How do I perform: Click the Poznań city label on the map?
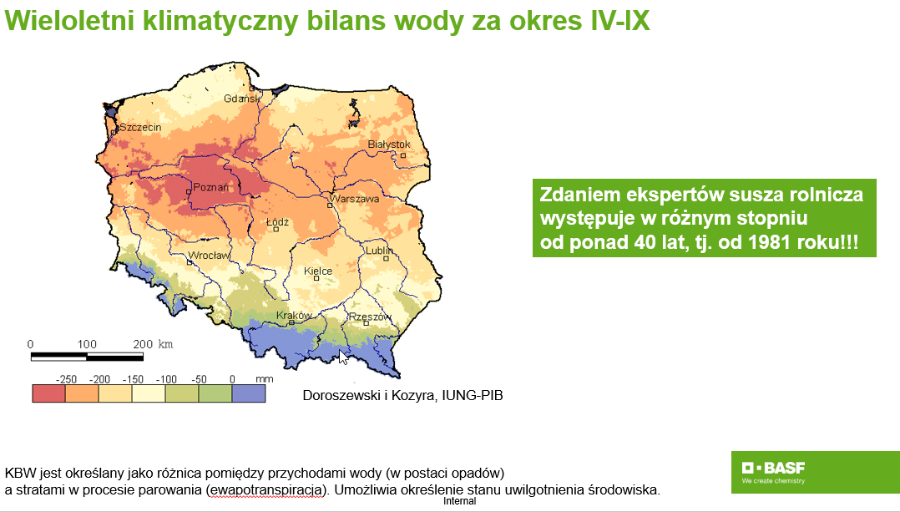pos(210,186)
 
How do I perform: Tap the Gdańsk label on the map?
pos(241,99)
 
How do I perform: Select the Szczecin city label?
pos(140,127)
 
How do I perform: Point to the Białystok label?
pos(389,144)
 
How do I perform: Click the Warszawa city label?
pos(356,199)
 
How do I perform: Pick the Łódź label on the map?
pos(278,221)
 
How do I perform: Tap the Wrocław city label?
pos(210,256)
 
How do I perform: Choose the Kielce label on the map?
pos(318,271)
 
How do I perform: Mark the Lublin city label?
pos(380,251)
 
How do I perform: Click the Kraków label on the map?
pos(295,315)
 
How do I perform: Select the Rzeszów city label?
pos(370,317)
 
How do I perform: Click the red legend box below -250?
pos(48,393)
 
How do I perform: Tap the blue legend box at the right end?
pos(249,393)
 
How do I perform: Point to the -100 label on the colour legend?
pos(166,379)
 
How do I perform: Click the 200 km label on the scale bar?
pos(153,344)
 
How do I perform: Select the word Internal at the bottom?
pos(460,500)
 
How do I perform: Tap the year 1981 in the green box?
pos(770,241)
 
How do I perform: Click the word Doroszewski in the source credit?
pos(337,395)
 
